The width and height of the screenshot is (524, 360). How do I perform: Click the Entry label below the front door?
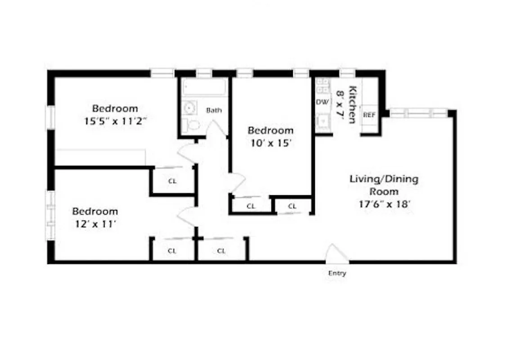[x=337, y=273]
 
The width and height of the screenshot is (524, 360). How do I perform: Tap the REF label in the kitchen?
[x=369, y=115]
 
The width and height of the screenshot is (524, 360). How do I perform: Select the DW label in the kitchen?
[x=322, y=102]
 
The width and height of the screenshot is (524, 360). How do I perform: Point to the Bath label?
[x=214, y=110]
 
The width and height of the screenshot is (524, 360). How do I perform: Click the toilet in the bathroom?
[x=192, y=124]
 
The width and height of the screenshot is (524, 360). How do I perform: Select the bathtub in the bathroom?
[x=204, y=87]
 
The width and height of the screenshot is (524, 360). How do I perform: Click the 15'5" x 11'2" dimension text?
[x=115, y=121]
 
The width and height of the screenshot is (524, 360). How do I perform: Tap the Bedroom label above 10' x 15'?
[x=270, y=130]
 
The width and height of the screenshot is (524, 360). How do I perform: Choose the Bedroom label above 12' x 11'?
[x=95, y=211]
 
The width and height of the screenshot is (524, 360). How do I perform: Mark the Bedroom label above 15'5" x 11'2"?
[x=115, y=108]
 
